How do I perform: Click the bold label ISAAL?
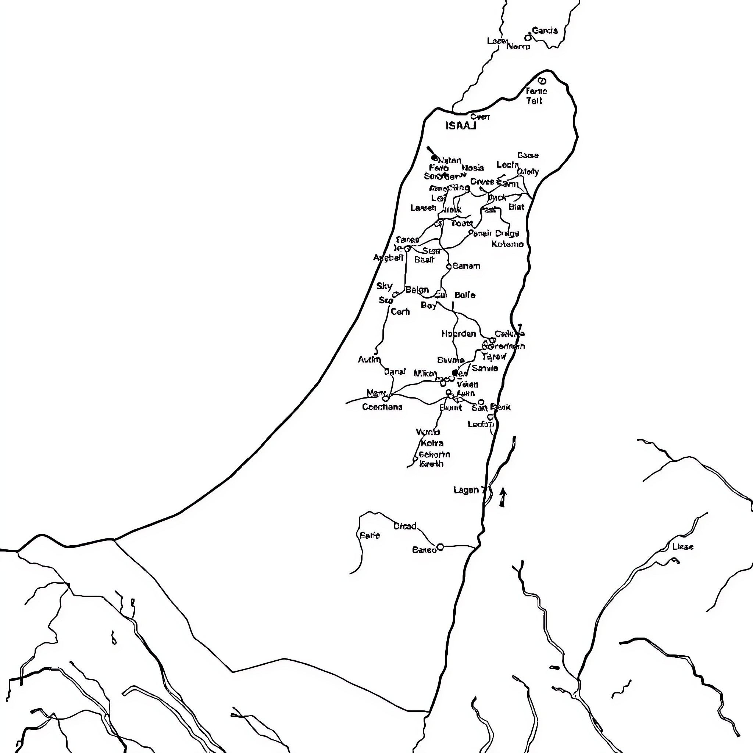(x=461, y=126)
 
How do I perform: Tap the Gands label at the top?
(x=545, y=31)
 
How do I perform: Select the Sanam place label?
(x=466, y=266)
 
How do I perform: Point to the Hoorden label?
(x=458, y=333)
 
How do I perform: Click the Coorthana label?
(x=382, y=407)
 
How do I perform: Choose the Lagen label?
(x=466, y=490)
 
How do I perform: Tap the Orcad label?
(x=405, y=526)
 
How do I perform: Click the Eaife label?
(x=370, y=535)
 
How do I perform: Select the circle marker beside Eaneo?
(x=440, y=547)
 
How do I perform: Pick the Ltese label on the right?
(x=682, y=547)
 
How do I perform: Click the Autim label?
(x=369, y=359)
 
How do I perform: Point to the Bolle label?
(x=465, y=295)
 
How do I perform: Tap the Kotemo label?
(x=507, y=244)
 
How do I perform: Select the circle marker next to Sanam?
(x=449, y=267)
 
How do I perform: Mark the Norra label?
(x=518, y=47)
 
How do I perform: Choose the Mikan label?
(x=425, y=374)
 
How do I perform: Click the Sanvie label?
(x=485, y=368)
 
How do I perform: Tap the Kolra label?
(x=432, y=443)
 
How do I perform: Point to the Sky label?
(x=384, y=286)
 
